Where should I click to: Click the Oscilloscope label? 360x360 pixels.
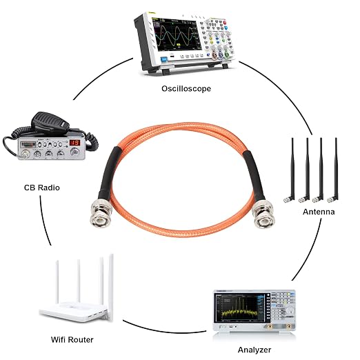(186, 89)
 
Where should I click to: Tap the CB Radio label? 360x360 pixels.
(42, 188)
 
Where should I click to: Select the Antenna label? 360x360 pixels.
(319, 212)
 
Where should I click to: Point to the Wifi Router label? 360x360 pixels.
(72, 339)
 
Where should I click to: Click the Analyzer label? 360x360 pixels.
(254, 350)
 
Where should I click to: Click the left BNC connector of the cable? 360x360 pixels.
(101, 214)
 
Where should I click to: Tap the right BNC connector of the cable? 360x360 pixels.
(263, 214)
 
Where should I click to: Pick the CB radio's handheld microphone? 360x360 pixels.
(50, 122)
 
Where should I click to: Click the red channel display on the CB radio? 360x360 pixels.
(74, 143)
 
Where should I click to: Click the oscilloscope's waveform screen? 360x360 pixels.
(177, 35)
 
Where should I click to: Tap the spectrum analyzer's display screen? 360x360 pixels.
(239, 308)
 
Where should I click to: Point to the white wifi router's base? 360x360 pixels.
(73, 312)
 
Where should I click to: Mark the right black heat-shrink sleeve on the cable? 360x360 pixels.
(254, 174)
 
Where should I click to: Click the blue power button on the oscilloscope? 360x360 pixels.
(164, 59)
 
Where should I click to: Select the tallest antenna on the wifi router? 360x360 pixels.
(111, 288)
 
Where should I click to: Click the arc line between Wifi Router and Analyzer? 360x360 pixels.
(163, 331)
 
